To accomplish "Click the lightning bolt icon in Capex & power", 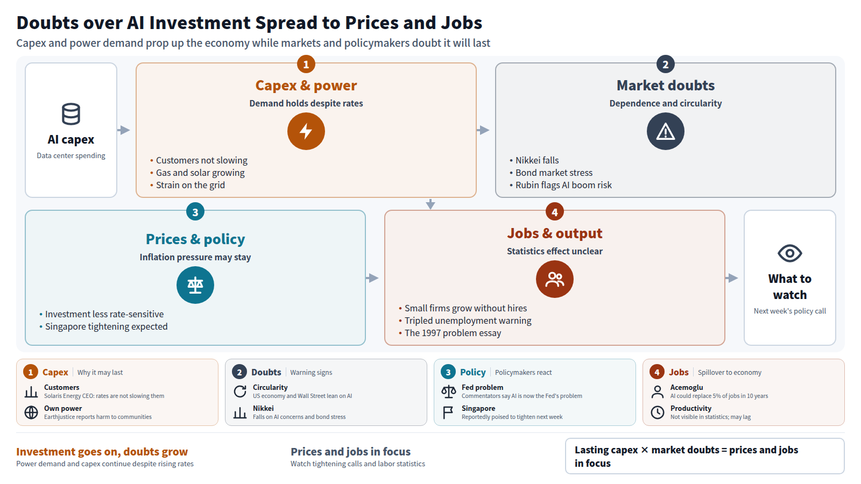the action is pyautogui.click(x=306, y=131).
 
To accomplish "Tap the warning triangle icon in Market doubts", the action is pyautogui.click(x=665, y=132).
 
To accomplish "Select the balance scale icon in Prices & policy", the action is pyautogui.click(x=195, y=285).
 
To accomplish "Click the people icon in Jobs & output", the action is pyautogui.click(x=555, y=279).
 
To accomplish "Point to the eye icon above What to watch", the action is pyautogui.click(x=789, y=253).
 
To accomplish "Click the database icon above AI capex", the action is pyautogui.click(x=71, y=114).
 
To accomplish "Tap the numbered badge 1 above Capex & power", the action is pyautogui.click(x=306, y=64).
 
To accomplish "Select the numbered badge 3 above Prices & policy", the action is pyautogui.click(x=195, y=212).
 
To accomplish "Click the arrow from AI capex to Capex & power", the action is pyautogui.click(x=123, y=130).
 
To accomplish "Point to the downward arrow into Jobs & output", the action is pyautogui.click(x=430, y=204).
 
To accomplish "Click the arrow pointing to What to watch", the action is pyautogui.click(x=731, y=277).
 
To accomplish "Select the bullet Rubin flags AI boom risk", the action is pyautogui.click(x=560, y=185).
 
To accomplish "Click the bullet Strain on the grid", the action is pyautogui.click(x=187, y=185).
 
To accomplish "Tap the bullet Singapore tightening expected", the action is pyautogui.click(x=103, y=326).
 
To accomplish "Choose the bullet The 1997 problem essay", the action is pyautogui.click(x=450, y=333).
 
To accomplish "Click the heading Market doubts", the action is pyautogui.click(x=665, y=86).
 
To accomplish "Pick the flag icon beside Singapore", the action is pyautogui.click(x=448, y=412).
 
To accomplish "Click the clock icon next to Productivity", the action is pyautogui.click(x=657, y=412).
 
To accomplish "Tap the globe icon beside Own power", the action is pyautogui.click(x=31, y=412).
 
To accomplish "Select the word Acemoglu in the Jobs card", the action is pyautogui.click(x=687, y=387).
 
